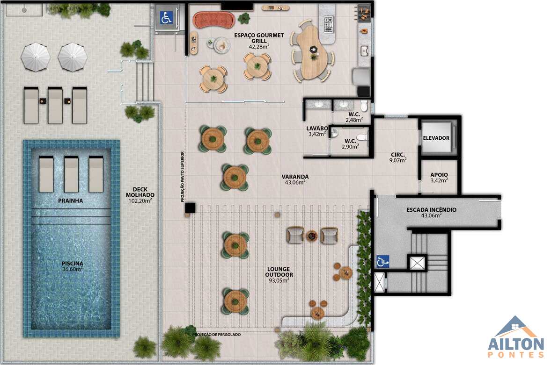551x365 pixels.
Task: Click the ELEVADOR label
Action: [436, 138]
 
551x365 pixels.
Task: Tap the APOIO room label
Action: [439, 175]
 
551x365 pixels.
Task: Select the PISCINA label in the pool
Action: [73, 264]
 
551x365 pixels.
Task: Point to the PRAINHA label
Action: [71, 201]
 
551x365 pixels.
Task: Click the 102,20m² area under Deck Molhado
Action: [140, 201]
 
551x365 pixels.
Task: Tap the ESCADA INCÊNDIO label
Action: [431, 210]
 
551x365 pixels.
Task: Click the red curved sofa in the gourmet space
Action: [214, 21]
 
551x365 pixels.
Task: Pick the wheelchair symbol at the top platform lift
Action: [166, 18]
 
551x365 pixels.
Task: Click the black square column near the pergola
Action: [190, 208]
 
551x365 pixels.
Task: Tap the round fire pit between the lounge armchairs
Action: [312, 236]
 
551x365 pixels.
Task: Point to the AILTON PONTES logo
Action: [515, 337]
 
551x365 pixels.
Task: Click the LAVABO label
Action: [317, 129]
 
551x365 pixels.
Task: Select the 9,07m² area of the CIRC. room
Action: [398, 160]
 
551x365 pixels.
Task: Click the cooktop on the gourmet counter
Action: [329, 25]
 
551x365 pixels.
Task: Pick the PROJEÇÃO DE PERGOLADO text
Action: [216, 335]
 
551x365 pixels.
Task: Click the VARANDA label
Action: [295, 177]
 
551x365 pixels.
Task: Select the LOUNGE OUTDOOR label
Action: [279, 272]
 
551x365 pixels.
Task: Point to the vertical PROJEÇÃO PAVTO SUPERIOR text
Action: [183, 177]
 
